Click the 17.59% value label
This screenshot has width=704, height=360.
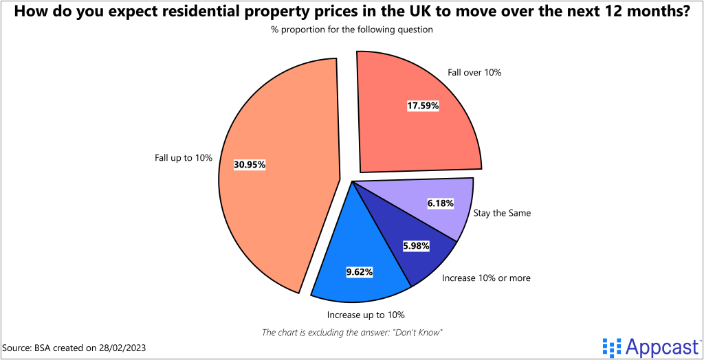click(x=422, y=106)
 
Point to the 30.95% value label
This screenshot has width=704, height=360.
click(x=249, y=165)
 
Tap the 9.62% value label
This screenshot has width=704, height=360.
click(x=359, y=272)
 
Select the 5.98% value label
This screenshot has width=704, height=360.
click(x=416, y=245)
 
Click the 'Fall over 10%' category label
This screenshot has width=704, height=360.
click(x=474, y=72)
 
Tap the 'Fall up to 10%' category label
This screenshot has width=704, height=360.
click(x=184, y=158)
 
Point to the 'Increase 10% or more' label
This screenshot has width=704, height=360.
click(x=486, y=278)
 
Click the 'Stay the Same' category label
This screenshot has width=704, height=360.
click(x=502, y=213)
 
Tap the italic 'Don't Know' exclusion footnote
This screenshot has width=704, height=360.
click(x=351, y=332)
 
